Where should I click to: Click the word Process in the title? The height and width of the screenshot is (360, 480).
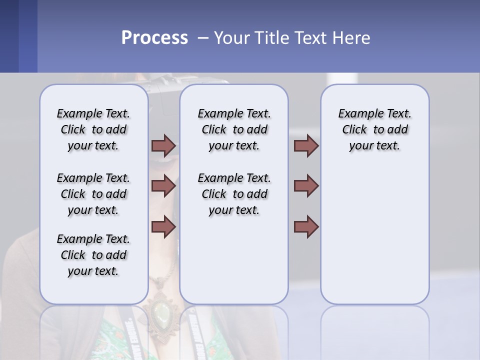[x=154, y=38]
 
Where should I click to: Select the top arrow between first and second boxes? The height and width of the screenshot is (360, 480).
[x=163, y=145]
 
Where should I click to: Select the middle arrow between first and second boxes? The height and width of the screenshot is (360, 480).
[x=163, y=186]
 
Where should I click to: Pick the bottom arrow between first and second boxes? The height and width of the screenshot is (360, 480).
[x=163, y=227]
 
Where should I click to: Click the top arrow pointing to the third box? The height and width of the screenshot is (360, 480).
[x=306, y=145]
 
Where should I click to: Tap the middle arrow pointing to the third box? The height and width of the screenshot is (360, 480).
[x=306, y=186]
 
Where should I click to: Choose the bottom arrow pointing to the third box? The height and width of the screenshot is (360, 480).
[x=306, y=227]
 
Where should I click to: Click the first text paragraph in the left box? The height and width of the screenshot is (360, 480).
[x=93, y=129]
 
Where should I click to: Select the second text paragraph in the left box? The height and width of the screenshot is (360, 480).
[x=93, y=194]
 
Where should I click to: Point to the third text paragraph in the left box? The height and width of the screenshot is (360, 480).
[x=93, y=255]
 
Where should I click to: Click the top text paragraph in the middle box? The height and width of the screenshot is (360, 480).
[x=234, y=129]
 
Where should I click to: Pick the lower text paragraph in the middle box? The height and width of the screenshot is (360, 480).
[x=234, y=194]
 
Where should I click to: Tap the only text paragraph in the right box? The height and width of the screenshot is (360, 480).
[x=374, y=129]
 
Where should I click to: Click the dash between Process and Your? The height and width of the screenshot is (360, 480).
[x=201, y=38]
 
